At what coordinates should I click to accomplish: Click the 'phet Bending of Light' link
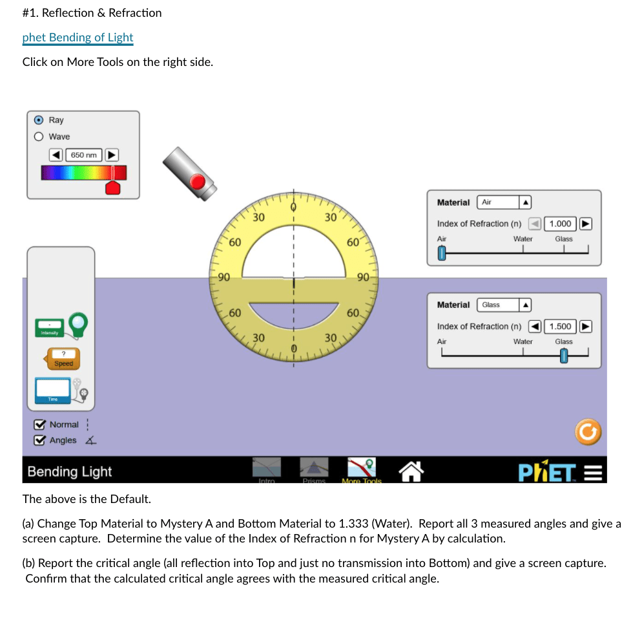tap(78, 38)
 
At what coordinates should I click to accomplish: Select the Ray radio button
tap(39, 120)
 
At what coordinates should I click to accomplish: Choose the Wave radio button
tap(39, 136)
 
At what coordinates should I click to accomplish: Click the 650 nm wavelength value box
tap(84, 155)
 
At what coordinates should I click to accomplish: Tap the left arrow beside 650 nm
tap(56, 155)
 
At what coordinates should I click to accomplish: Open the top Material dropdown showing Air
tap(503, 202)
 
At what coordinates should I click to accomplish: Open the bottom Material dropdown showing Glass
tap(503, 305)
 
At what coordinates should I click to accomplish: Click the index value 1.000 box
tap(560, 224)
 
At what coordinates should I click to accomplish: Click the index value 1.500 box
tap(560, 327)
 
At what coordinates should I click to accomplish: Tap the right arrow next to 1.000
tap(585, 224)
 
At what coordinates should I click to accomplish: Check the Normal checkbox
tap(40, 425)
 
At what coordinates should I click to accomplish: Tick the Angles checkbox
tap(40, 440)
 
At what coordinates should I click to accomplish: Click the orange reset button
tap(588, 433)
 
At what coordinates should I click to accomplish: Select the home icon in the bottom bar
tap(411, 471)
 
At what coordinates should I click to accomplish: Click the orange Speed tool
tap(63, 358)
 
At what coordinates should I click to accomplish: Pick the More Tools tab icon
tap(362, 469)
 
